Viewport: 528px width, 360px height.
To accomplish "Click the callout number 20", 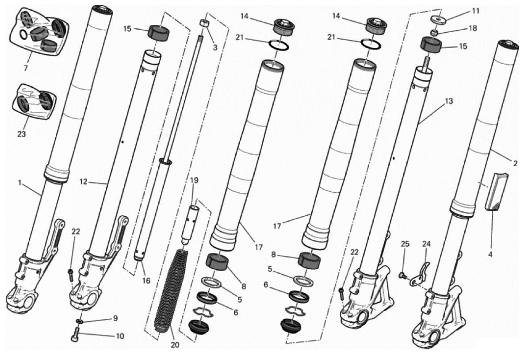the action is click(175, 345).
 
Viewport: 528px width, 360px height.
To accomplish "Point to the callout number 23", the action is click(21, 134).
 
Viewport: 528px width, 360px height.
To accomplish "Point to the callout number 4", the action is click(490, 255).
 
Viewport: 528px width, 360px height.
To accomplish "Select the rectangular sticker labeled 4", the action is click(496, 191).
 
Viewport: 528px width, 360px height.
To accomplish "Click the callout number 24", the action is click(426, 244).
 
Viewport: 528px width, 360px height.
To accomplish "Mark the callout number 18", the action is click(473, 28).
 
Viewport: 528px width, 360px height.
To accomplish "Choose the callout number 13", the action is click(448, 101).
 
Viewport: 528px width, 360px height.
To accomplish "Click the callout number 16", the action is click(146, 280).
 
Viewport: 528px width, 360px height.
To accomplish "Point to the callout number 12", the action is click(84, 182).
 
